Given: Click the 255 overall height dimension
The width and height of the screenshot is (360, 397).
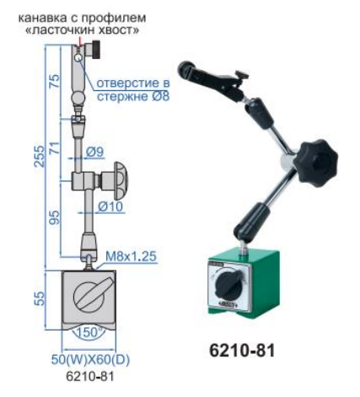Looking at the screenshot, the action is (40, 157).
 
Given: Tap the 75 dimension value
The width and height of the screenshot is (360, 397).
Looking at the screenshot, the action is (55, 82).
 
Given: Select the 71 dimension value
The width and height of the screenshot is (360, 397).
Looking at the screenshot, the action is (55, 148).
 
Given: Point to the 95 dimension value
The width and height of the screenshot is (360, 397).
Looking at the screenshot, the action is (55, 217).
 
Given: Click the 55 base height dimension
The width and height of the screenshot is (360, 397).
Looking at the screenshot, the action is (40, 298).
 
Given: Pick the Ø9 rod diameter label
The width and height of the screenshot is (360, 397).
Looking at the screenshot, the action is (94, 152).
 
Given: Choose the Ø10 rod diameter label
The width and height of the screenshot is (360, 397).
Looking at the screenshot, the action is (110, 207).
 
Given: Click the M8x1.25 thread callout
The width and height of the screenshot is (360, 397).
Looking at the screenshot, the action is (131, 256).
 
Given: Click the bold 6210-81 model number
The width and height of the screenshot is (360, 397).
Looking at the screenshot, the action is (242, 351).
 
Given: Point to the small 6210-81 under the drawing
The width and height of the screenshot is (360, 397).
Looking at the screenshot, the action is (90, 377).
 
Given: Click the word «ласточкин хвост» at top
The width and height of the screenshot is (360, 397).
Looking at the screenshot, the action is (82, 30).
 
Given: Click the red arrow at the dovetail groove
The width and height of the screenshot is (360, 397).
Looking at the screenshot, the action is (80, 42).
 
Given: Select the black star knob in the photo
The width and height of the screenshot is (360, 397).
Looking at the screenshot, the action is (316, 163).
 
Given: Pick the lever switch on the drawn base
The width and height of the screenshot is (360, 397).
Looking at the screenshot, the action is (89, 297).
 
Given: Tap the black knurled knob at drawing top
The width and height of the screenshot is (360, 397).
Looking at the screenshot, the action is (95, 50).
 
